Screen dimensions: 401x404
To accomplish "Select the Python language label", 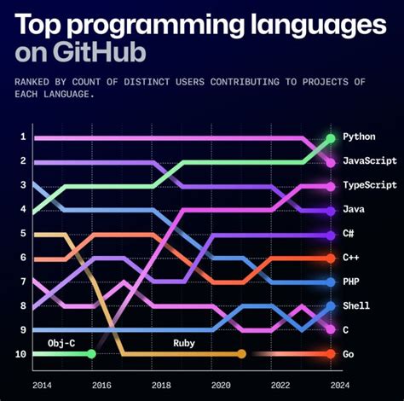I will click(360, 137).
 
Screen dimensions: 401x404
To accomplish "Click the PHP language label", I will click(352, 282).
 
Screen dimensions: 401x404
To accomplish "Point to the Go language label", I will click(349, 353).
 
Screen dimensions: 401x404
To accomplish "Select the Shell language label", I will click(357, 305).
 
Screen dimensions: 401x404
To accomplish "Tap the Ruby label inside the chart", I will click(185, 342).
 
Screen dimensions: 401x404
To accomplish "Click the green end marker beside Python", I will click(330, 137).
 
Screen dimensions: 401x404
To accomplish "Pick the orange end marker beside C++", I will click(330, 258).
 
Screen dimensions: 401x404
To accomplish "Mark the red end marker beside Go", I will click(330, 353).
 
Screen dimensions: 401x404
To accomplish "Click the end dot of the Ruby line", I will click(241, 353).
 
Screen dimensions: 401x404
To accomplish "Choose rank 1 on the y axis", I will click(23, 137).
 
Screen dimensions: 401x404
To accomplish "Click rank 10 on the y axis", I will click(21, 353).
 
